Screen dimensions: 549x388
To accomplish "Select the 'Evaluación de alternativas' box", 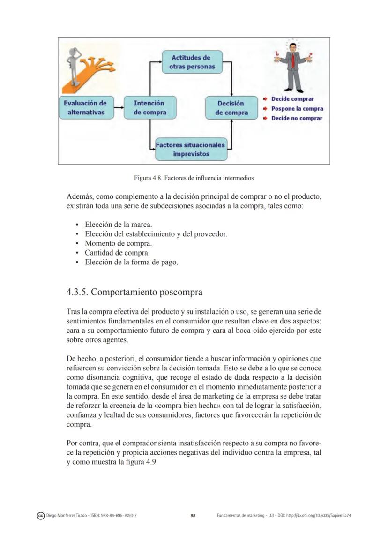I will click(x=85, y=108).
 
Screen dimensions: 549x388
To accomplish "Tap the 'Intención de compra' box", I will click(x=149, y=108).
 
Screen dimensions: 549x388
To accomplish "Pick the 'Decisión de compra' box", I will click(x=231, y=108).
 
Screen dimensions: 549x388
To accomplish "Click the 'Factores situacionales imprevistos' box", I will click(x=190, y=149).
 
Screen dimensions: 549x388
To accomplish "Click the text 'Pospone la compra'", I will click(x=297, y=109).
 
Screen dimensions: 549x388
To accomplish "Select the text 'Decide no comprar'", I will click(x=297, y=119).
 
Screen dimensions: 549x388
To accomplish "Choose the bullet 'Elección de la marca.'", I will click(x=118, y=225).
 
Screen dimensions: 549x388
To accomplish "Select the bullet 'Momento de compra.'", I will click(x=118, y=243).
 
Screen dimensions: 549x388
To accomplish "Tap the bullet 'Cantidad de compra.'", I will click(x=117, y=253).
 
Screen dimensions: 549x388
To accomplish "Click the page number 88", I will click(x=193, y=516).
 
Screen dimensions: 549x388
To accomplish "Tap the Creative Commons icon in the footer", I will click(x=40, y=516).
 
